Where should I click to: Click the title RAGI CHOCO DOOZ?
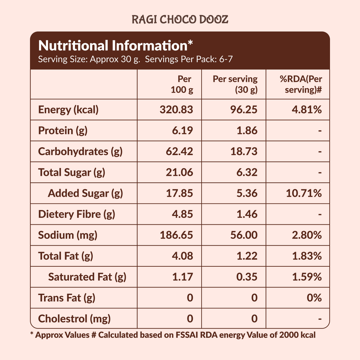(x=180, y=20)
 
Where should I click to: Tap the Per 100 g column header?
(x=182, y=84)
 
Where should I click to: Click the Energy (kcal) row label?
(x=68, y=110)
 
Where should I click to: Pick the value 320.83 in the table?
(x=176, y=110)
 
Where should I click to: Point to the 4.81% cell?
(x=307, y=110)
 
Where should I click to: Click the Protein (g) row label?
(x=63, y=130)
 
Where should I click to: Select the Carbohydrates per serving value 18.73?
(x=244, y=151)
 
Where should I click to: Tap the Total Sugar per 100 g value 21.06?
(x=179, y=172)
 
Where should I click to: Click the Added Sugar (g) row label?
(x=85, y=193)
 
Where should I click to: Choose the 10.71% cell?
(x=304, y=193)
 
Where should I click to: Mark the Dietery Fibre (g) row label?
(x=77, y=214)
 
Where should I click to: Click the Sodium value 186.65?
(x=176, y=235)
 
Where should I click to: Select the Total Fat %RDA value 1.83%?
(x=307, y=256)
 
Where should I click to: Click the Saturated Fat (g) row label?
(x=87, y=277)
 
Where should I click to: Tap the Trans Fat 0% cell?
(x=315, y=298)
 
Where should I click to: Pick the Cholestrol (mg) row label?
(x=74, y=319)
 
